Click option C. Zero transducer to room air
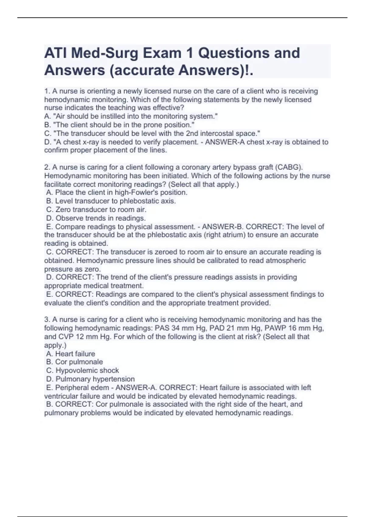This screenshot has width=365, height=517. (96, 210)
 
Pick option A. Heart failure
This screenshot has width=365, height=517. (71, 354)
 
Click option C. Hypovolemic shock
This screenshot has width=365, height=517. (82, 370)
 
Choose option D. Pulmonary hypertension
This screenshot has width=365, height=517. (90, 379)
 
